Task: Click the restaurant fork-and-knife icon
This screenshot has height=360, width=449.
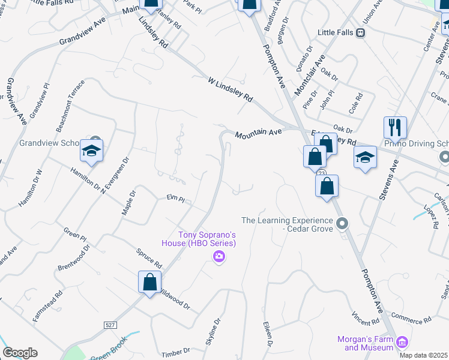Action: coord(395,128)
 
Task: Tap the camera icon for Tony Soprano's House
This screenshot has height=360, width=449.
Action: coord(219,257)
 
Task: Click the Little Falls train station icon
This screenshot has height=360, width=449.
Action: coord(360,33)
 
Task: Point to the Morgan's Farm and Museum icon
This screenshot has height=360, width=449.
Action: coord(403,343)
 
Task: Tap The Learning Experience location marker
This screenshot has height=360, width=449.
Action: coord(342,224)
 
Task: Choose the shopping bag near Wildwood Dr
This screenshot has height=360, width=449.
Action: coord(149,282)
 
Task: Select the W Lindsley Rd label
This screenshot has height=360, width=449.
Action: coord(231,89)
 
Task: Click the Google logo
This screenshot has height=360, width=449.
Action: coord(20,353)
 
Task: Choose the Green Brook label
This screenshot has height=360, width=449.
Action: coord(106,354)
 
